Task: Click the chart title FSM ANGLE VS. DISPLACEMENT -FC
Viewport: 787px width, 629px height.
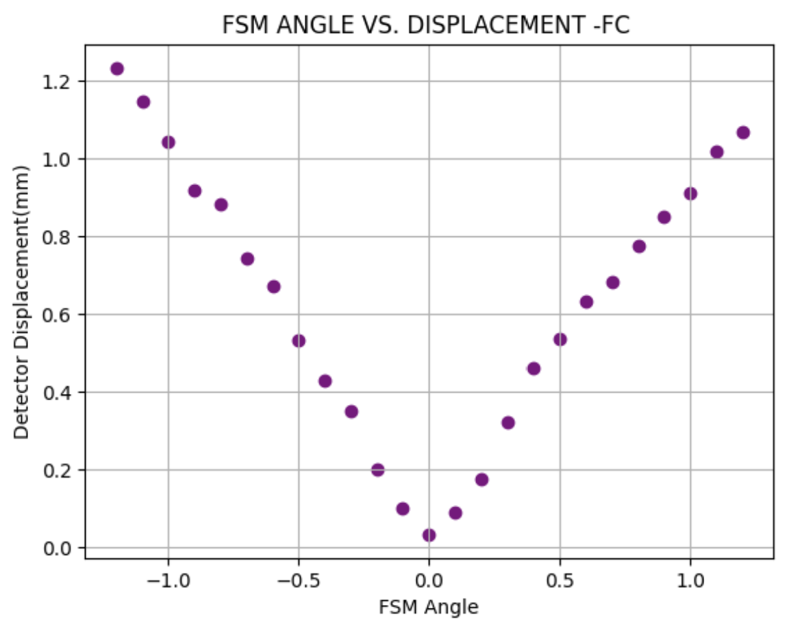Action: (425, 25)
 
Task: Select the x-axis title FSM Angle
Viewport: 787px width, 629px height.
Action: (429, 606)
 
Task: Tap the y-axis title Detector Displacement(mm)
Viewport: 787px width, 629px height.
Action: (22, 301)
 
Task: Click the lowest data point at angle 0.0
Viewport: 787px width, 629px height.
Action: (429, 535)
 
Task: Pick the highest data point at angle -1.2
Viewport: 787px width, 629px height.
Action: (117, 69)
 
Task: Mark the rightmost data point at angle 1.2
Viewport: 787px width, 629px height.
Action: (743, 132)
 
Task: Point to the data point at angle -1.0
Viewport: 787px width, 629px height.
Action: (168, 143)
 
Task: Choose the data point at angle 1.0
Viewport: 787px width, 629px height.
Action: (690, 194)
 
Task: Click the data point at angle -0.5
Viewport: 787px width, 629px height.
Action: (299, 341)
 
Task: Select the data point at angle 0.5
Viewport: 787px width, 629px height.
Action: (560, 339)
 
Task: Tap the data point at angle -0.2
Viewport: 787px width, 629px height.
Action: (377, 470)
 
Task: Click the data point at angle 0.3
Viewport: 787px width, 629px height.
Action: (508, 423)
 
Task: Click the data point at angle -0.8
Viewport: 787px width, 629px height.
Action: (221, 204)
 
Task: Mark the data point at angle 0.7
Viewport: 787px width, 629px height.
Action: (612, 282)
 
